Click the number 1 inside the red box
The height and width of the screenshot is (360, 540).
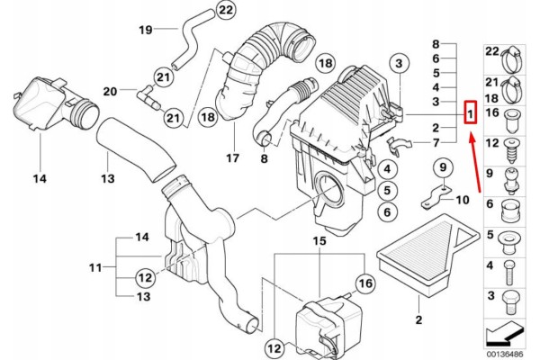tap(471, 112)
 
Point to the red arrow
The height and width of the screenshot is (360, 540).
tap(475, 163)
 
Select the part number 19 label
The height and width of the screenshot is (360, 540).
tap(145, 30)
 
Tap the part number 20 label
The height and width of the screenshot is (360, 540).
tap(110, 92)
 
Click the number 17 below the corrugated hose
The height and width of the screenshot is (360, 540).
tap(232, 158)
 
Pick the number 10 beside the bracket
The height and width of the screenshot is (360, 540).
tap(463, 200)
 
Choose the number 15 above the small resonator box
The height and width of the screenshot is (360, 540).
tap(319, 241)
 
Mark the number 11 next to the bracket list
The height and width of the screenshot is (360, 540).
tap(95, 267)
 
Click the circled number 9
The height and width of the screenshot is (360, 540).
tap(443, 167)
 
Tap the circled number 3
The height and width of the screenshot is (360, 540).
tap(399, 63)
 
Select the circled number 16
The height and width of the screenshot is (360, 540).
tap(365, 283)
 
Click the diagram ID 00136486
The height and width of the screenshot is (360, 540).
tap(505, 354)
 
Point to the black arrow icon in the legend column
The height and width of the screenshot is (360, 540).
tap(505, 334)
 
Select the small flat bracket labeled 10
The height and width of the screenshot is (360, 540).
tap(436, 197)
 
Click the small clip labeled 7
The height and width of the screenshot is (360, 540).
tap(400, 146)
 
